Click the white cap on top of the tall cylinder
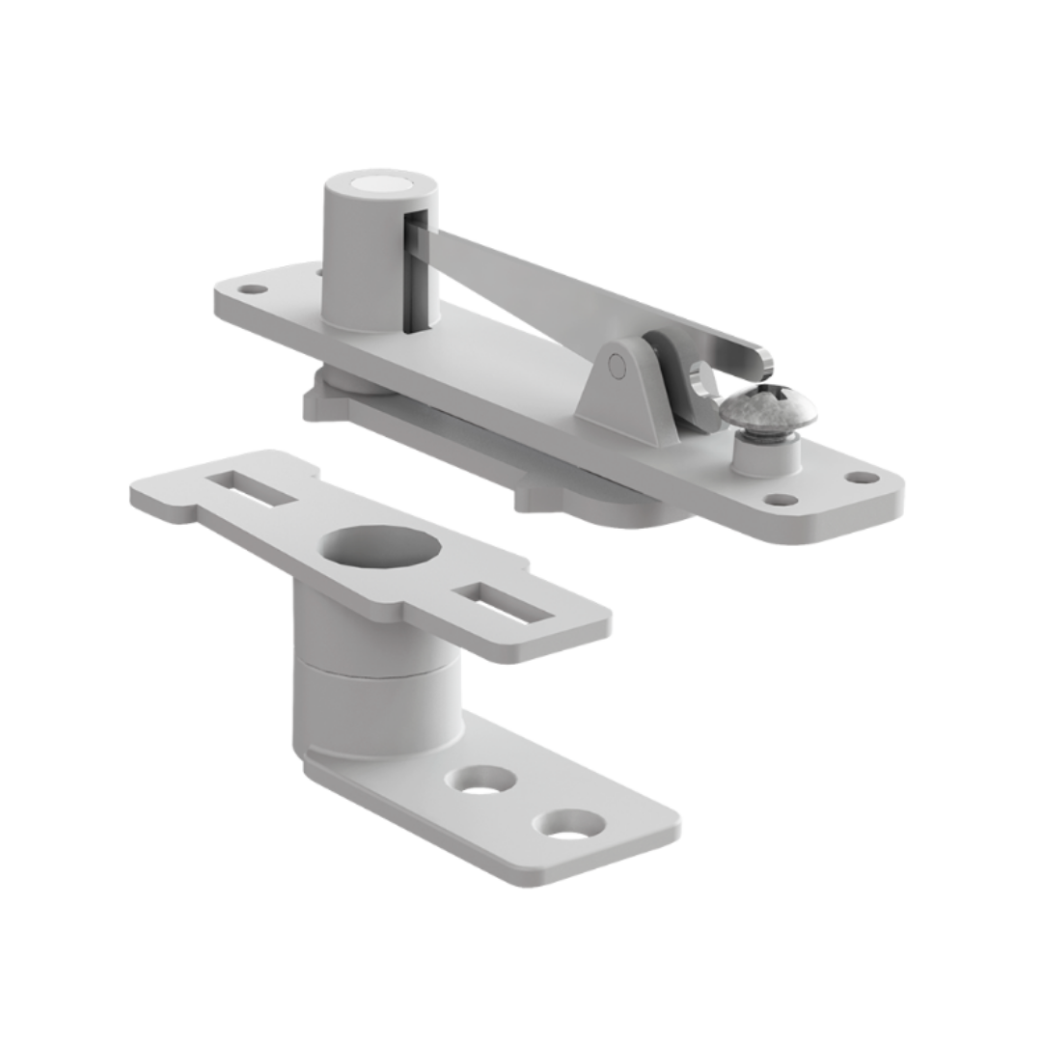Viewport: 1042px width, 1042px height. point(379,183)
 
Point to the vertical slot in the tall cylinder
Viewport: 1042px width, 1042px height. point(416,275)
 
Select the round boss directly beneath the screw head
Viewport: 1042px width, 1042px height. point(765,453)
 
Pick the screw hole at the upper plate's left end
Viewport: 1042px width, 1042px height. point(252,288)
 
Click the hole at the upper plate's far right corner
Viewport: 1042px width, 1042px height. point(862,478)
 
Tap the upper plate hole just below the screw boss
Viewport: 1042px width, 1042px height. point(781,500)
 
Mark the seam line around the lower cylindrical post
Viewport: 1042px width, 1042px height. point(376,668)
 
